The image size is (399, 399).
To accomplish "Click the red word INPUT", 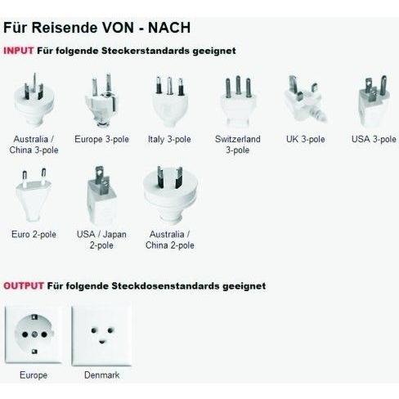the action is click(19, 51).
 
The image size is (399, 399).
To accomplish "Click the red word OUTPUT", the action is click(24, 286).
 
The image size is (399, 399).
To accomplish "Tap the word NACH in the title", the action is click(169, 28).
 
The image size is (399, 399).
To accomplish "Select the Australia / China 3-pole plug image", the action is click(34, 100).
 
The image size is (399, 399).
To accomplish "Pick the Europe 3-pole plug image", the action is click(101, 101).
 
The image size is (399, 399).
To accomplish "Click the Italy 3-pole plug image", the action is click(169, 102).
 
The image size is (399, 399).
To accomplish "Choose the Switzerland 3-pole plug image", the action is click(238, 101).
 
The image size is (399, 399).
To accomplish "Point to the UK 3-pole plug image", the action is click(305, 99).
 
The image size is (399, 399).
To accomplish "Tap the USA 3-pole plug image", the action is click(374, 101).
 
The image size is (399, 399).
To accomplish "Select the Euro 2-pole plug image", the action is click(34, 195).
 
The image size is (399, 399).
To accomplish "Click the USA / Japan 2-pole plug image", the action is click(101, 195).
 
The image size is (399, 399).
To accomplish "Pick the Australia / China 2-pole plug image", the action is click(170, 195).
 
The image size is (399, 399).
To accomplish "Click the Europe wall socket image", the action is click(34, 334).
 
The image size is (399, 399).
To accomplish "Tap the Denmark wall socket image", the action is click(102, 335).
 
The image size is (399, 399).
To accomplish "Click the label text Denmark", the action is click(102, 375).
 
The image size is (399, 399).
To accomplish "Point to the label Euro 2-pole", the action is click(34, 235).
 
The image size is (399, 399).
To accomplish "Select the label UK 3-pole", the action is click(306, 139).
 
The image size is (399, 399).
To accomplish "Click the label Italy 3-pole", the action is click(169, 140).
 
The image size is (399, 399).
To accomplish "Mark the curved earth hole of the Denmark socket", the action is click(102, 341).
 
